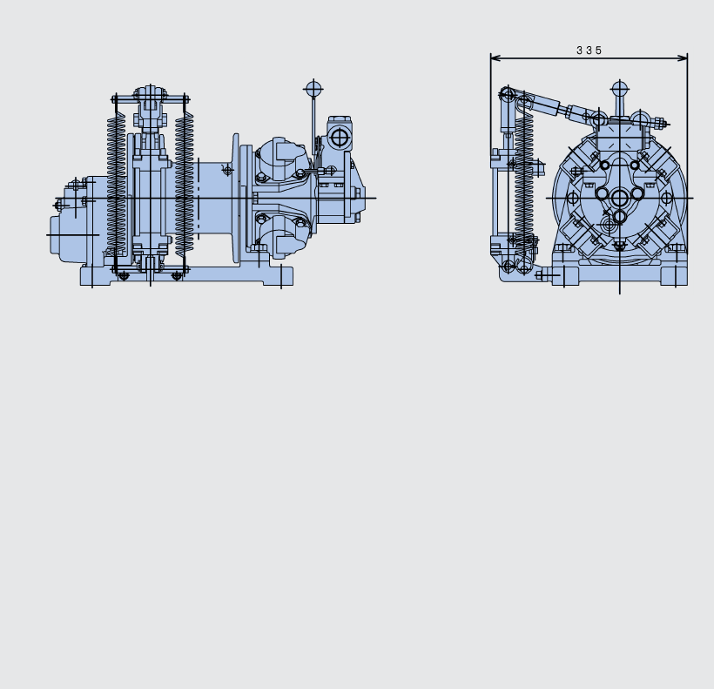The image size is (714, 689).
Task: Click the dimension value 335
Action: [x=589, y=51]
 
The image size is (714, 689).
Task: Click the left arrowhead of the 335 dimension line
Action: [x=495, y=57]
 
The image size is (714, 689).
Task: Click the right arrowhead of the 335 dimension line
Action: [x=683, y=57]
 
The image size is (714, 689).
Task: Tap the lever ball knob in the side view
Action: [x=313, y=88]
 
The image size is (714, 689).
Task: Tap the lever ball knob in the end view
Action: [x=619, y=89]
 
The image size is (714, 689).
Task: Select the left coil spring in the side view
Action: [x=116, y=185]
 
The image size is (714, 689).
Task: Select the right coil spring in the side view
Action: [x=184, y=185]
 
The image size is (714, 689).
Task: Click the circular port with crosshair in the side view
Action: [x=339, y=138]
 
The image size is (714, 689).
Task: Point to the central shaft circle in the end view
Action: [x=619, y=198]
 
